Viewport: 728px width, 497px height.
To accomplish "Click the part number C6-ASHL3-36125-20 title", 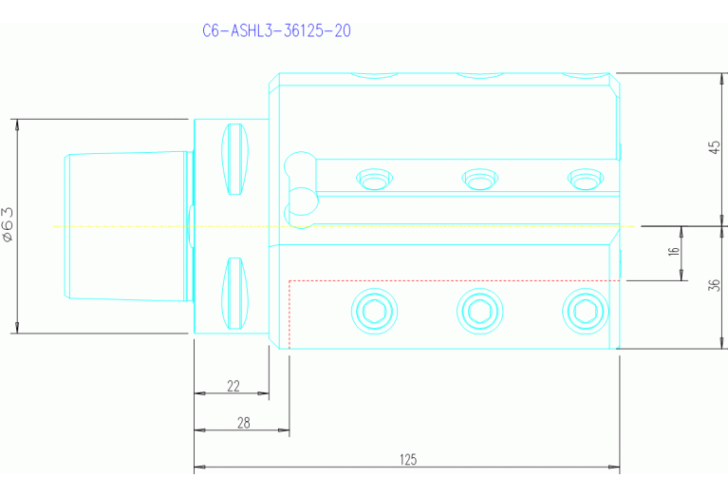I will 277,30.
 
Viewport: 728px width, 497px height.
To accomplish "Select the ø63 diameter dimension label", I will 8,226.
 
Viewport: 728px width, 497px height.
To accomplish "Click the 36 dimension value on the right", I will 717,287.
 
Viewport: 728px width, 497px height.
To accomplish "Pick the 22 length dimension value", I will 233,386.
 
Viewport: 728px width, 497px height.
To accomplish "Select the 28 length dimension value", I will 243,424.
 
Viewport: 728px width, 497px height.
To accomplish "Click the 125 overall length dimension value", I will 407,460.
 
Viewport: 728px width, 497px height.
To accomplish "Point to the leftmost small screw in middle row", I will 372,178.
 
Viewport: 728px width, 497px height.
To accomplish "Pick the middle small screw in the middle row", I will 478,178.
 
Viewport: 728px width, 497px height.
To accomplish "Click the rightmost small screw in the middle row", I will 584,178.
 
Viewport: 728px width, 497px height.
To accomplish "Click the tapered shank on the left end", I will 123,226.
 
